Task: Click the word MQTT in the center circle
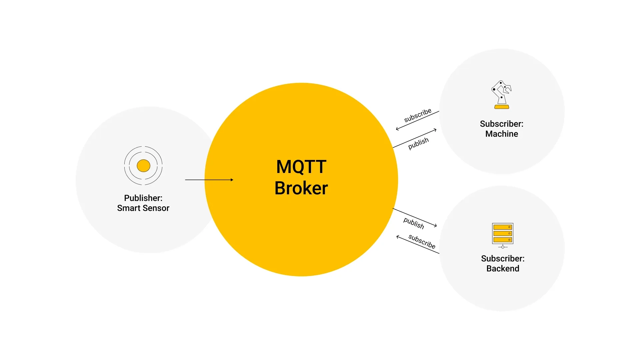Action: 301,167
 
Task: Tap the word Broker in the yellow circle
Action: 301,188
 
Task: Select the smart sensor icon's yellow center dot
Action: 143,166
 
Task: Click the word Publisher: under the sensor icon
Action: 143,198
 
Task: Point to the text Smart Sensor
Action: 143,208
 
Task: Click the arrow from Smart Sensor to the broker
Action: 209,180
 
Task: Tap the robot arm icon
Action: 501,93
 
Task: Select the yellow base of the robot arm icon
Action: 502,107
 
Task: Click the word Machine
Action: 502,134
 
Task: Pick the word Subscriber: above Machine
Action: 502,124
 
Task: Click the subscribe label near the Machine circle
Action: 418,115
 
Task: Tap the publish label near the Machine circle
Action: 418,143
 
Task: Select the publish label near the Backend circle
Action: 414,223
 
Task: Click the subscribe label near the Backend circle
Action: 422,241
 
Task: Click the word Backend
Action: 503,269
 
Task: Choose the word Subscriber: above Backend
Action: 503,259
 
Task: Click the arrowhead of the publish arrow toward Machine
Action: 435,130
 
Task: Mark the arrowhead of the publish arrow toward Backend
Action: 436,226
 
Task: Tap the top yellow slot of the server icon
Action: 502,227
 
